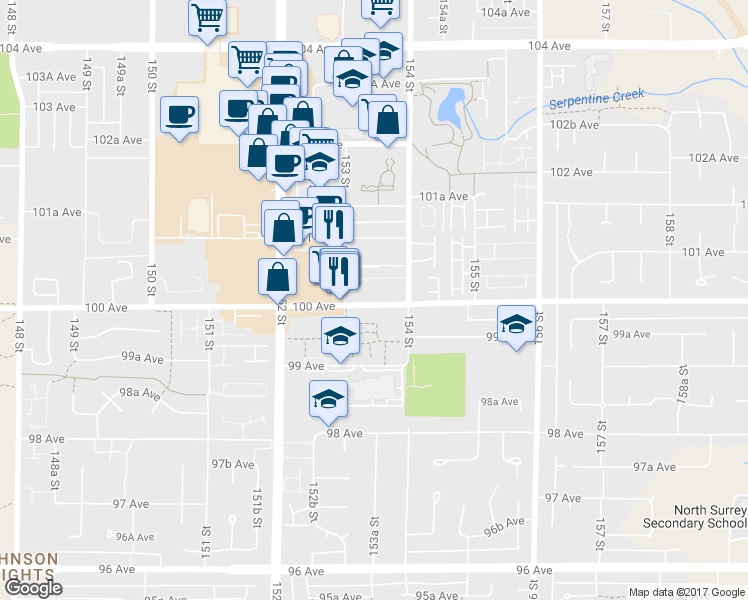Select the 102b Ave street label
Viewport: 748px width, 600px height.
coord(575,125)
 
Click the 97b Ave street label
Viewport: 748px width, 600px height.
coord(233,464)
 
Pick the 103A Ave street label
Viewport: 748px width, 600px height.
coord(51,77)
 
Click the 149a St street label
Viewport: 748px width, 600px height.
coord(121,73)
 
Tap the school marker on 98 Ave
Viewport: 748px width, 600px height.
coord(327,398)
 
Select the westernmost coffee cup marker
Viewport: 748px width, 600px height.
coord(180,114)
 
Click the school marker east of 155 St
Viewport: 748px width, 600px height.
coord(517,323)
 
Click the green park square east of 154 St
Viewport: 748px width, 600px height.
coord(435,384)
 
